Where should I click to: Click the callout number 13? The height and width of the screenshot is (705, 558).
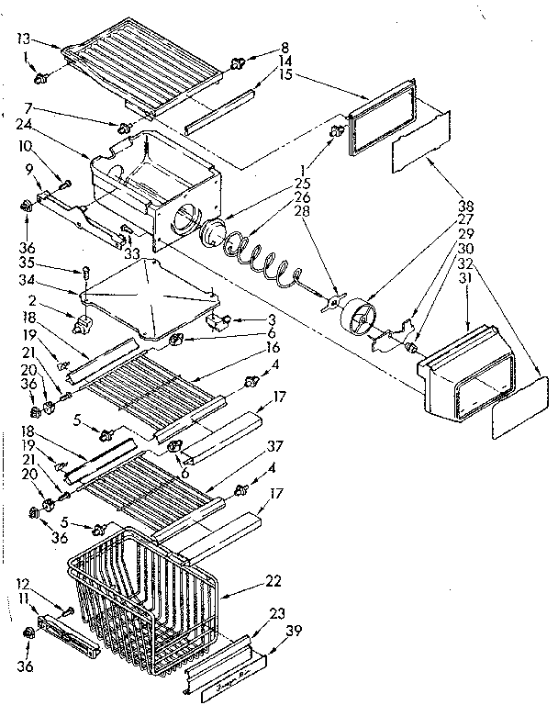pyautogui.click(x=24, y=39)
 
